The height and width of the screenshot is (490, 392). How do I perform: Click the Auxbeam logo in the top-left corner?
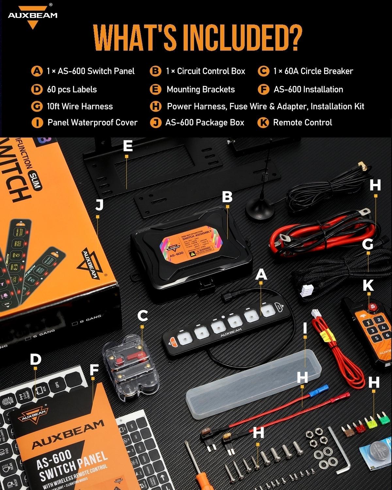(32, 17)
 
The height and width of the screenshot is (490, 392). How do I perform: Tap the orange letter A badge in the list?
(37, 71)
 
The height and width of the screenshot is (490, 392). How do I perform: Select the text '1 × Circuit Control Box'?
(205, 71)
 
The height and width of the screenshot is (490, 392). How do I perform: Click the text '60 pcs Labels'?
(72, 89)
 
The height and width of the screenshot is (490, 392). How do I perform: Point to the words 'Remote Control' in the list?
(302, 122)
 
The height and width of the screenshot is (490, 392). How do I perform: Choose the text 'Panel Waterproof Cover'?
(92, 122)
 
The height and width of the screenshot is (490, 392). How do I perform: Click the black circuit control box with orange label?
(191, 247)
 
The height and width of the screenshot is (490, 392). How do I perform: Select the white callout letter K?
(368, 285)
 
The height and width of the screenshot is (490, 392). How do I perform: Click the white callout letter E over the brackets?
(128, 146)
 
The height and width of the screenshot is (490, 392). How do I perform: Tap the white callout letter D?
(35, 359)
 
